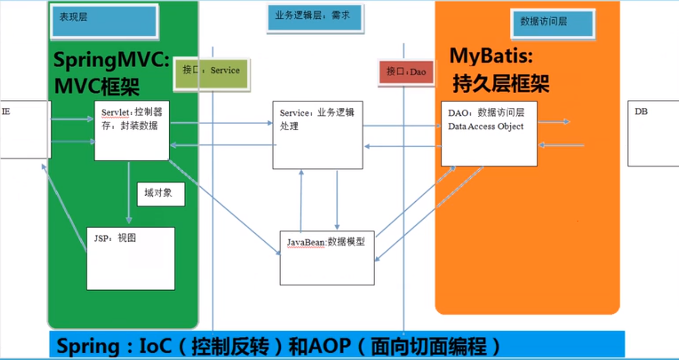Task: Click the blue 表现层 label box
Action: [x=104, y=21]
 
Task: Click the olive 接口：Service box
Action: [x=211, y=73]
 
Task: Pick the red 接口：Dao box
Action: [x=406, y=73]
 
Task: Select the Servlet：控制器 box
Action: [x=132, y=130]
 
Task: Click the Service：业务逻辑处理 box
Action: [x=317, y=135]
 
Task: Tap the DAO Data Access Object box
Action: [x=489, y=133]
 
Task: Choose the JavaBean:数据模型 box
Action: [x=327, y=258]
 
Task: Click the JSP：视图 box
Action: [x=130, y=258]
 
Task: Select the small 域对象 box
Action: [x=161, y=194]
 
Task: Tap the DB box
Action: [x=653, y=133]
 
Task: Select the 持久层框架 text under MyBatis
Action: [x=501, y=83]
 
